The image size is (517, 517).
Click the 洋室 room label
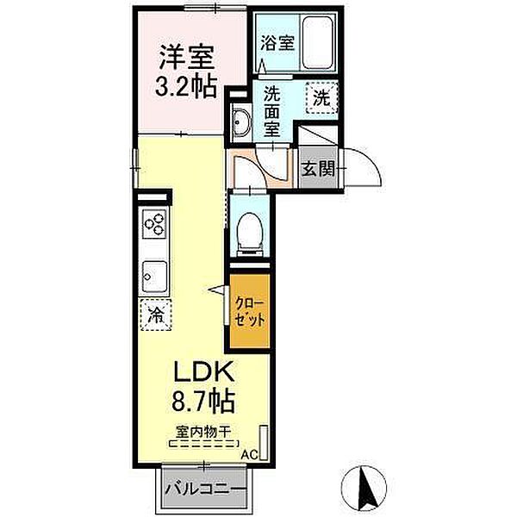(x=187, y=57)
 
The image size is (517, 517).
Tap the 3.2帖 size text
(x=186, y=85)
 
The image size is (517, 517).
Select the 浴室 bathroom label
(x=277, y=43)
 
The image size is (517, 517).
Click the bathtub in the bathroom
(x=318, y=42)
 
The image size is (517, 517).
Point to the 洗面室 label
(x=272, y=112)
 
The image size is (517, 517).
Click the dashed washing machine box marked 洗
(x=321, y=97)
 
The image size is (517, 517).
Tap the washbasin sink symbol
(x=240, y=122)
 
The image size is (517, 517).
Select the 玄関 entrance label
(x=318, y=169)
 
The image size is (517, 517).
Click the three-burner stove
(x=154, y=223)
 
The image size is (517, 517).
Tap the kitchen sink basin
(x=154, y=277)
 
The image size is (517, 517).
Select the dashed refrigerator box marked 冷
(x=156, y=315)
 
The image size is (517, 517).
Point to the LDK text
(x=203, y=371)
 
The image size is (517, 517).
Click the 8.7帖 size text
(x=203, y=401)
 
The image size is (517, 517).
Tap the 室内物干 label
(x=202, y=432)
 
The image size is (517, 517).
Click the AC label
(x=249, y=455)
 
